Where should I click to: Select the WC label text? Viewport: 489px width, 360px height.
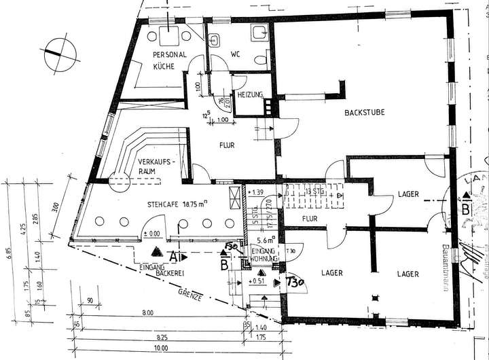click(236, 54)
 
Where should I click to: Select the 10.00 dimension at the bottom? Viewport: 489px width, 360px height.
click(161, 348)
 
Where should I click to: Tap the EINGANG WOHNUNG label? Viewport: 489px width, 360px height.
click(263, 255)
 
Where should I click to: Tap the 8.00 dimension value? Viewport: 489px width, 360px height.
click(148, 313)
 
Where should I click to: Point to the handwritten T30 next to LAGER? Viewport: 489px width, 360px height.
click(294, 281)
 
